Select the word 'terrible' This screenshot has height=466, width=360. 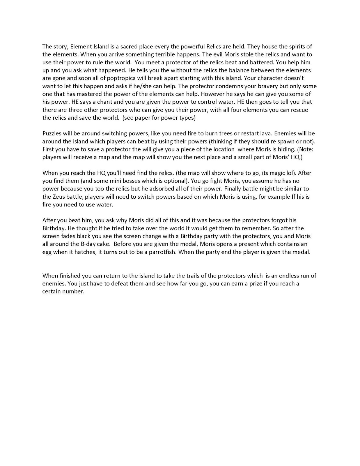(167, 54)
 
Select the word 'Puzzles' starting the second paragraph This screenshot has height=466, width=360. (52, 133)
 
